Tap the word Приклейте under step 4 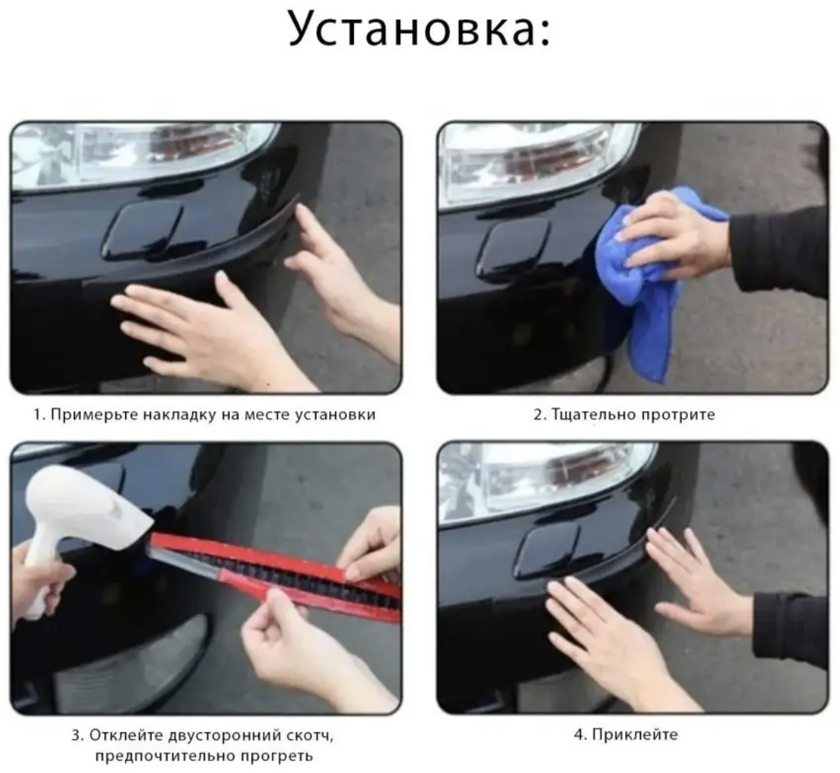pyautogui.click(x=635, y=735)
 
